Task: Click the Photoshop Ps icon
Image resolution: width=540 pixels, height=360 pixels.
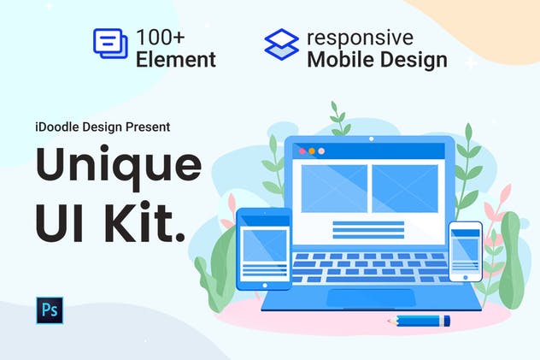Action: click(x=50, y=310)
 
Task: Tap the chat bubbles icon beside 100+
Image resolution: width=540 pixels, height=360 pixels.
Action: click(x=110, y=44)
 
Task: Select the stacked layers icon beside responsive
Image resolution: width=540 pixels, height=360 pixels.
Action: click(x=281, y=44)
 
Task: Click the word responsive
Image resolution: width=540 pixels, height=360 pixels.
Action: click(x=360, y=38)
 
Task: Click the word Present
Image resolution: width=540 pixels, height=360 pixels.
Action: click(x=147, y=127)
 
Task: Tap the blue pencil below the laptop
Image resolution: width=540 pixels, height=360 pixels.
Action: click(x=418, y=322)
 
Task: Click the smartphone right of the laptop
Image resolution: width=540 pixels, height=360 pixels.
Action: click(x=465, y=251)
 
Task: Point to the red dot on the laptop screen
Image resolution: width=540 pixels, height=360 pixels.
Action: click(x=301, y=150)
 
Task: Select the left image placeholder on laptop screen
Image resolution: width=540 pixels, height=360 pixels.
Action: click(x=334, y=188)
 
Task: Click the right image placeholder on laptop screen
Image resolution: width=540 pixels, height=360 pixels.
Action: click(x=404, y=188)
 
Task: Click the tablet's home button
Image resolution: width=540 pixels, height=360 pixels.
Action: click(x=254, y=281)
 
